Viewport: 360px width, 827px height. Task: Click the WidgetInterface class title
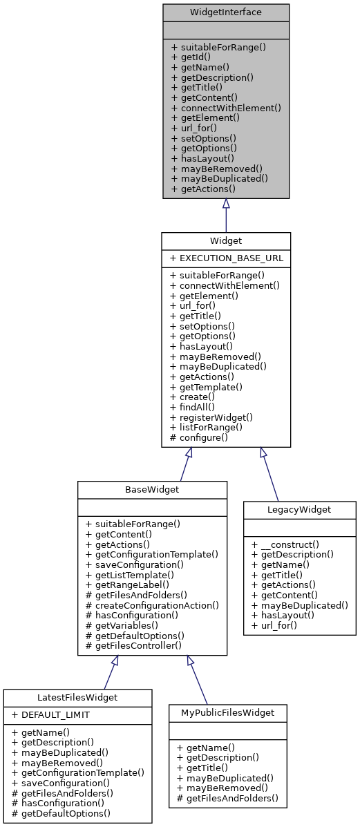point(226,12)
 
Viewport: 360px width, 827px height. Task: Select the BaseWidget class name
point(152,489)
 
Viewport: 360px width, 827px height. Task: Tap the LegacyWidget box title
point(299,509)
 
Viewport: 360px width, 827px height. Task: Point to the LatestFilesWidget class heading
point(77,697)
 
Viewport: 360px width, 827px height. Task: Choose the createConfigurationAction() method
point(152,605)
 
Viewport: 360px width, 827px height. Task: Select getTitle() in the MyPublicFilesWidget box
point(200,768)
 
